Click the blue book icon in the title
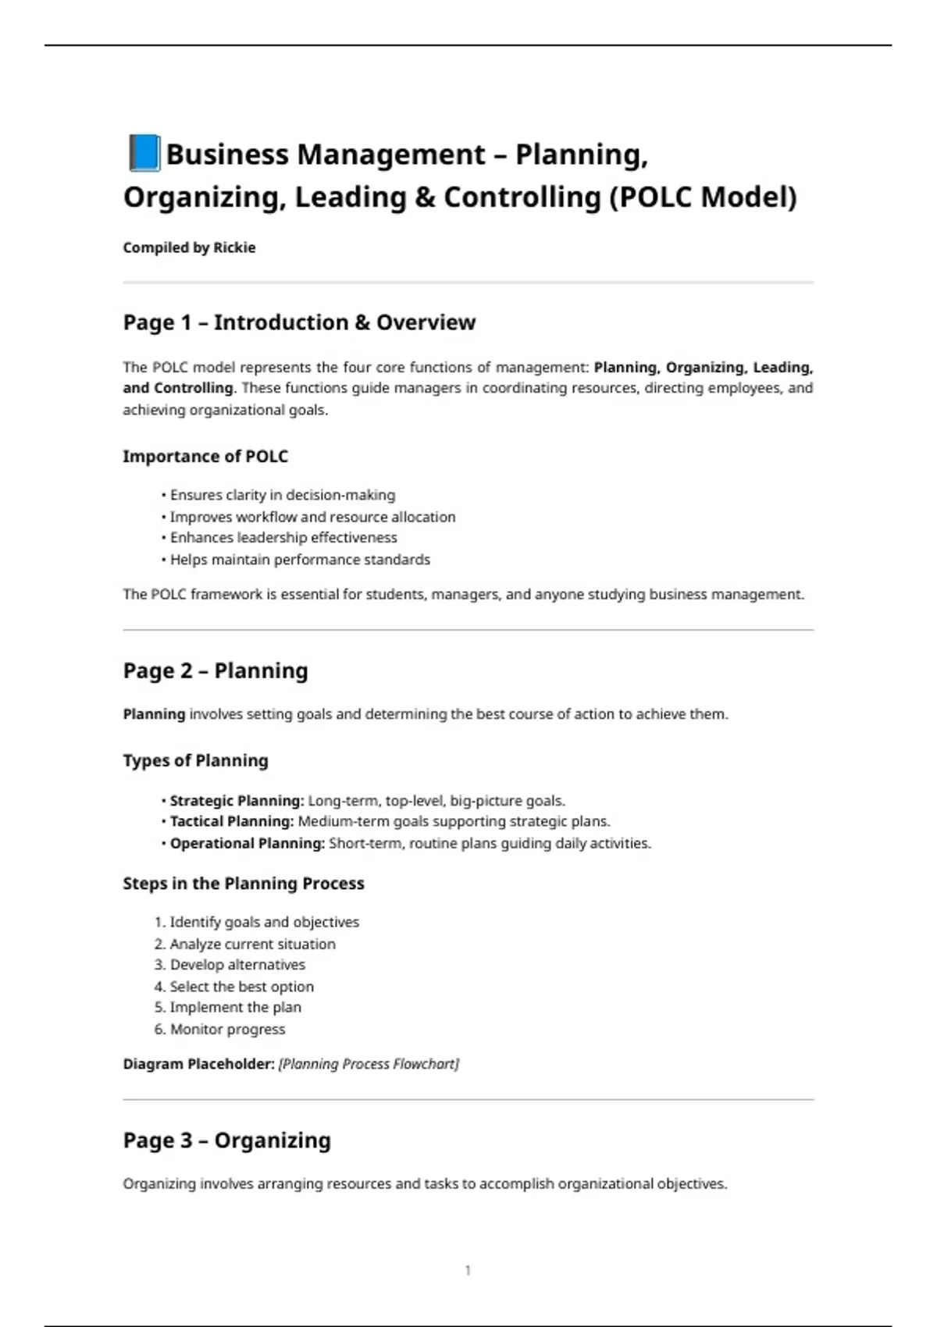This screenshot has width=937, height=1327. pyautogui.click(x=144, y=153)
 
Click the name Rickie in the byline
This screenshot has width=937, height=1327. pyautogui.click(x=234, y=247)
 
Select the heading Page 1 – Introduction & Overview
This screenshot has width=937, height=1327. pyautogui.click(x=299, y=322)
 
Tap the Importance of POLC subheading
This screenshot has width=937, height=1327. pyautogui.click(x=205, y=457)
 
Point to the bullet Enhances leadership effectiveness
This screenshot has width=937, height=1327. pyautogui.click(x=283, y=538)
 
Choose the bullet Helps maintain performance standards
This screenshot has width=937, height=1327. pyautogui.click(x=300, y=560)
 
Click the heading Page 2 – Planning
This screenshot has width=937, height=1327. pyautogui.click(x=216, y=671)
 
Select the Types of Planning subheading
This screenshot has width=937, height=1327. pyautogui.click(x=195, y=761)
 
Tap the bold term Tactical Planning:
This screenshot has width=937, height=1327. pyautogui.click(x=232, y=822)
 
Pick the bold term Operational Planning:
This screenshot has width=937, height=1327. pyautogui.click(x=247, y=844)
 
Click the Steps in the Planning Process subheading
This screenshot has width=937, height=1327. pyautogui.click(x=244, y=884)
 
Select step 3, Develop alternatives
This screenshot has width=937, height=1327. pyautogui.click(x=237, y=965)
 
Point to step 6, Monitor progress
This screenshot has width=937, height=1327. pyautogui.click(x=227, y=1030)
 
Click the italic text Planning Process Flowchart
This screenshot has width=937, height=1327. pyautogui.click(x=369, y=1064)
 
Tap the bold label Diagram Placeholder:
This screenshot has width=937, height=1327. pyautogui.click(x=198, y=1064)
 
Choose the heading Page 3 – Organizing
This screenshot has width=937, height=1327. pyautogui.click(x=226, y=1140)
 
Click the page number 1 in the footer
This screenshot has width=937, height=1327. pyautogui.click(x=468, y=1271)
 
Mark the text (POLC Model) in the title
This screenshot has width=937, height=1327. pyautogui.click(x=702, y=197)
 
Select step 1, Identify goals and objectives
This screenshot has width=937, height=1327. pyautogui.click(x=264, y=923)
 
